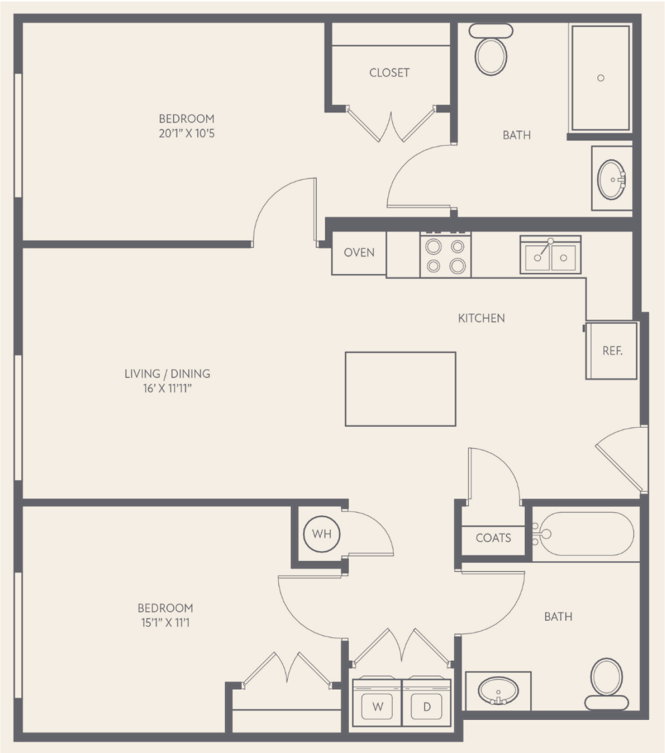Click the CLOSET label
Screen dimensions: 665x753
click(389, 73)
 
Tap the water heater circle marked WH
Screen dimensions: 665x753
click(321, 534)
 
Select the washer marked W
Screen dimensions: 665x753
click(377, 703)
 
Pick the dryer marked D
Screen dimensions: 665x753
click(427, 703)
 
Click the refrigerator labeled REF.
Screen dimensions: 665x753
click(612, 350)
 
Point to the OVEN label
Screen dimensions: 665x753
click(359, 253)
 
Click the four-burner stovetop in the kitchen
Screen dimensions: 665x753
click(445, 255)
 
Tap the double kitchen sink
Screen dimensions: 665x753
click(550, 254)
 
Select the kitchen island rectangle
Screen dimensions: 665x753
click(400, 389)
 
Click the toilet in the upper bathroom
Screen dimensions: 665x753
click(491, 50)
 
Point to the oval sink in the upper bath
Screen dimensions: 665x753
click(612, 180)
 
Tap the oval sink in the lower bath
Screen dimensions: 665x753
click(498, 691)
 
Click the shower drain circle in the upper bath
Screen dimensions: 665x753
click(601, 78)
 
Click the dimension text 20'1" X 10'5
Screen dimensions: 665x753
click(186, 133)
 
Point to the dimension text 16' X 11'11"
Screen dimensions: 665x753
click(167, 388)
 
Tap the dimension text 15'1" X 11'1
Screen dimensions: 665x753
click(165, 622)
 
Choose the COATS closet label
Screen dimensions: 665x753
click(493, 538)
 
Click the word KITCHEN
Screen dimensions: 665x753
click(481, 318)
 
